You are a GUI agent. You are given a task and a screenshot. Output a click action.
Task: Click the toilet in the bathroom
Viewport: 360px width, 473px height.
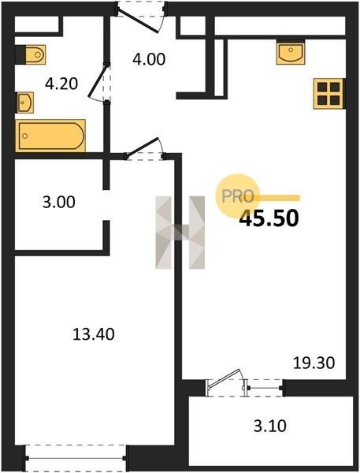pos(31,54)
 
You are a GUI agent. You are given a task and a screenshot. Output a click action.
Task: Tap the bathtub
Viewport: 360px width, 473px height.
pos(50,136)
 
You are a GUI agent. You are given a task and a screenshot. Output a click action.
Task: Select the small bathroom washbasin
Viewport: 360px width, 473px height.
pos(24,102)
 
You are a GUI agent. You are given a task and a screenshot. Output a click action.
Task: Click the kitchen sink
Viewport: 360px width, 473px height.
pos(291,54)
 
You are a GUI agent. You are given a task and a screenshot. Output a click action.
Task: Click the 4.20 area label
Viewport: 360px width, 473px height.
pos(61,84)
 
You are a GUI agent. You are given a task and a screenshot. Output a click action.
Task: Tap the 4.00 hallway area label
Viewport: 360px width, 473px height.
pos(149,59)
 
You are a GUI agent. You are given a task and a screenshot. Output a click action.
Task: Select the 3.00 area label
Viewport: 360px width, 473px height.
pos(59,202)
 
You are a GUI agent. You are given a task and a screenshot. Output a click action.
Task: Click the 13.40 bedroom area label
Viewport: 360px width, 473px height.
pos(94,334)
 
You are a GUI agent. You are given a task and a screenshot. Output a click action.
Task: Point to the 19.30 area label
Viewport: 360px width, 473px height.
pos(314,363)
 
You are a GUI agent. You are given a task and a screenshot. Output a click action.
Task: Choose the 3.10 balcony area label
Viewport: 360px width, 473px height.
pos(270,426)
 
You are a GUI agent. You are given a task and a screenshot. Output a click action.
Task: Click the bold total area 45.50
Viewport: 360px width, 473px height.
pos(269,218)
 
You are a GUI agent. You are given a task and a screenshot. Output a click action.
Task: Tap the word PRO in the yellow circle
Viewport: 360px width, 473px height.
pos(237,196)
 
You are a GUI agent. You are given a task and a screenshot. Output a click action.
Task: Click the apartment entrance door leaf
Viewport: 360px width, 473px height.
pos(138,20)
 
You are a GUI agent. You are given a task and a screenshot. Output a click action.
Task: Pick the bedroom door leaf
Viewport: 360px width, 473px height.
pos(142,147)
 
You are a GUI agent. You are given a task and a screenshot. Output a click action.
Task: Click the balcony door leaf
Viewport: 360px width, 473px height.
pos(225,378)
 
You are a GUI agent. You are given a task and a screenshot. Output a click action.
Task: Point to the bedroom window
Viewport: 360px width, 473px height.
pos(76,458)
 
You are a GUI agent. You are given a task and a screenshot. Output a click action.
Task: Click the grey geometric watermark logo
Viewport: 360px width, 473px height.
pos(180,233)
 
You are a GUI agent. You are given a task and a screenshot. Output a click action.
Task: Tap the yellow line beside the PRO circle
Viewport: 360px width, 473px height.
pos(277,198)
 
